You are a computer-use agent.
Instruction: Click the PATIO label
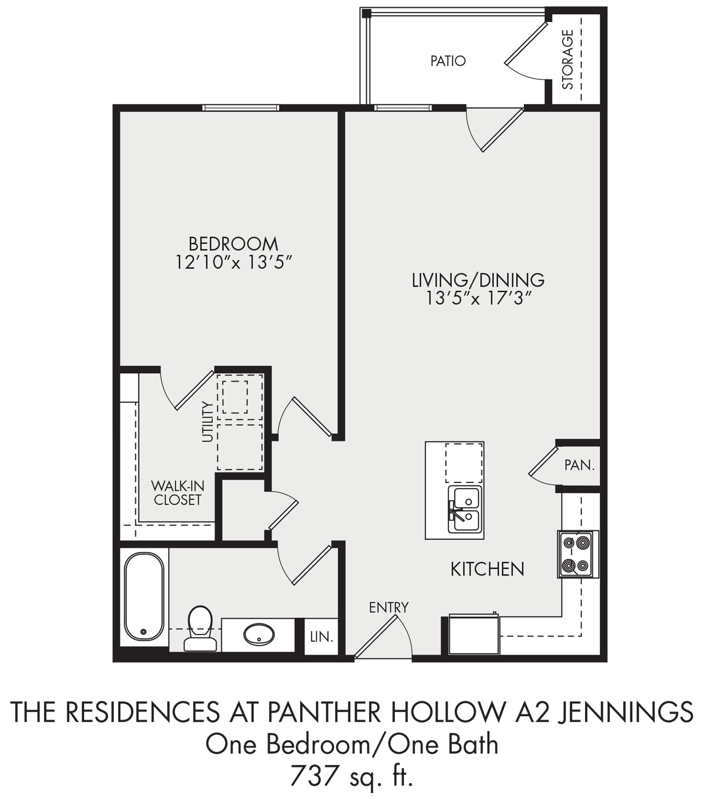point(448,61)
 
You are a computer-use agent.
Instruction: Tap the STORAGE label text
point(568,59)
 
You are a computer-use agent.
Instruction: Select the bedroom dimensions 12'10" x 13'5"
point(233,263)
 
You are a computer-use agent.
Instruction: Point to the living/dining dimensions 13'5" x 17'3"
point(478,298)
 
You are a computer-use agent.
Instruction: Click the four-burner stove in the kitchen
point(577,554)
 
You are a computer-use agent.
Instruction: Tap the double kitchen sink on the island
point(466,509)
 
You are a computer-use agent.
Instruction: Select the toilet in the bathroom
point(200,628)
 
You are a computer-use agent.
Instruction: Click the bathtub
point(144,596)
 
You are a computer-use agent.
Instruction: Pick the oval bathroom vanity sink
point(259,634)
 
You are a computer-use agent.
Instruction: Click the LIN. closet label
point(321,637)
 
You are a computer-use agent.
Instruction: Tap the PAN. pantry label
point(579,465)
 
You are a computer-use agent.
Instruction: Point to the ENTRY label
point(388,607)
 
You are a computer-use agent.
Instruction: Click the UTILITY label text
point(208,422)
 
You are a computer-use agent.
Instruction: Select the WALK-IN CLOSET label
point(177,493)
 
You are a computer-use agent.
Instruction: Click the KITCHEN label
point(487,569)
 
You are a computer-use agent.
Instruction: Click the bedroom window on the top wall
point(241,108)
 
